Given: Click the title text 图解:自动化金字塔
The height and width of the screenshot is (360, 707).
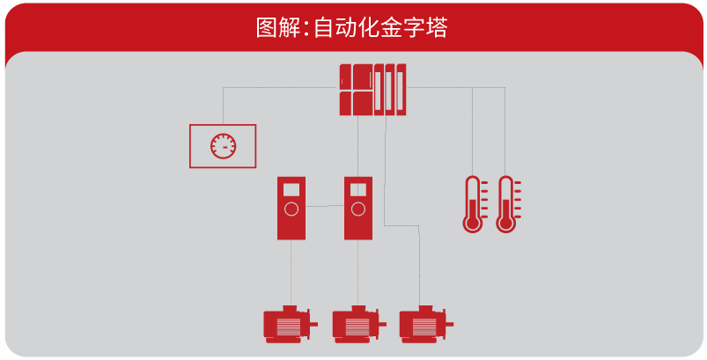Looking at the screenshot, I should point(352,28).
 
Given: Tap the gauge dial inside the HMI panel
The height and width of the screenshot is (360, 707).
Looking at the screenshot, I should point(223,145).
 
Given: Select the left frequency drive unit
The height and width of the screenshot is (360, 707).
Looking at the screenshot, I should point(291,208).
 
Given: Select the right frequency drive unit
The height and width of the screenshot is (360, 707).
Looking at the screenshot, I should point(358,208).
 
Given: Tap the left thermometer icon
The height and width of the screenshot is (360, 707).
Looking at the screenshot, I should point(474,204).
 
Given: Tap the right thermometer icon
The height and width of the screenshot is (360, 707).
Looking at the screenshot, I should point(505,204).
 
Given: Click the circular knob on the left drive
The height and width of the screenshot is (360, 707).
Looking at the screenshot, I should point(291,209).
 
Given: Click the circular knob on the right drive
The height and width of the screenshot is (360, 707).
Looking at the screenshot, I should point(358,209).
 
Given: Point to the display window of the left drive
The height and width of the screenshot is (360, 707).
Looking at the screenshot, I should point(291,189).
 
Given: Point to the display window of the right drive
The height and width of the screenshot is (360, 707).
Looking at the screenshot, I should point(358,189).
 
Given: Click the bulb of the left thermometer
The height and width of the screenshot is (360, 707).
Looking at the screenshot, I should point(474,223).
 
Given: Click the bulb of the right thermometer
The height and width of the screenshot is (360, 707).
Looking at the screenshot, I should point(505,223).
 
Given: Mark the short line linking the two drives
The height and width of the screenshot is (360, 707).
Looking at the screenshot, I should point(325,206).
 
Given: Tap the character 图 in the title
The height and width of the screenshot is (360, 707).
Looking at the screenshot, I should point(266,28).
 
